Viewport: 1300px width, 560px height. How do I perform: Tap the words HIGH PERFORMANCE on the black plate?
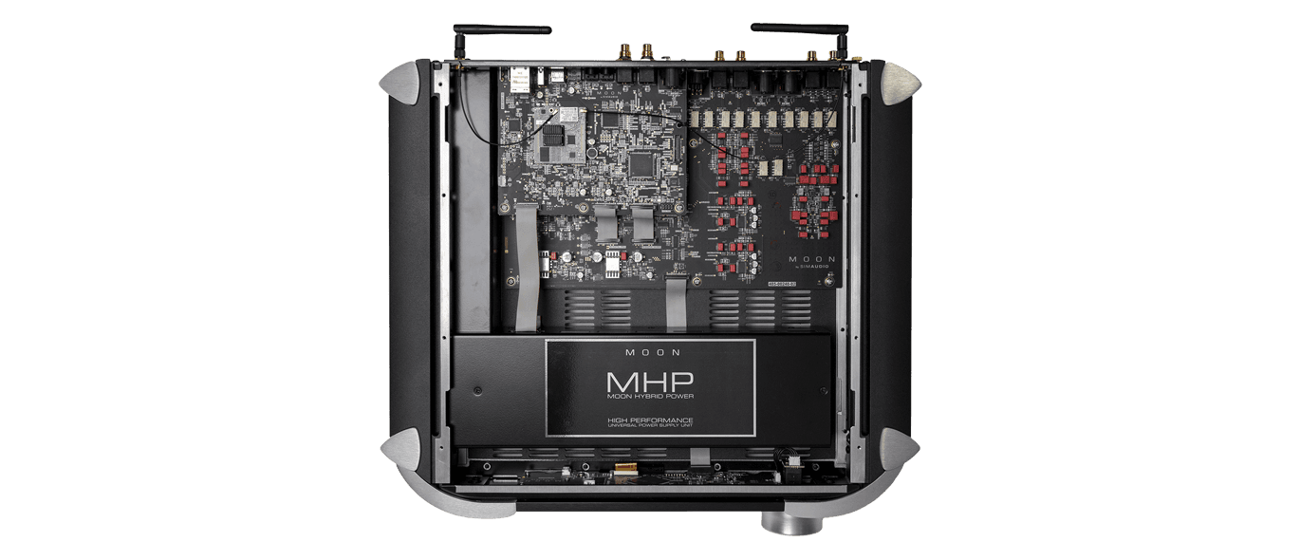tap(650, 420)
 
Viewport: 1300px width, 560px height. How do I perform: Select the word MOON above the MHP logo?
tap(650, 352)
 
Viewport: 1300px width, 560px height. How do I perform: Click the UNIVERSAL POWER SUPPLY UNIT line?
tap(650, 428)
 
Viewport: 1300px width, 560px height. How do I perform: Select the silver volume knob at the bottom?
tap(785, 521)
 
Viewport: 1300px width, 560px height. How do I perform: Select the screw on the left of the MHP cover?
tap(477, 390)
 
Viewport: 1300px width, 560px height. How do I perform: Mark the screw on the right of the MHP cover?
tap(822, 390)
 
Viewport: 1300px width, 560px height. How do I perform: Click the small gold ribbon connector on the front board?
tap(626, 468)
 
